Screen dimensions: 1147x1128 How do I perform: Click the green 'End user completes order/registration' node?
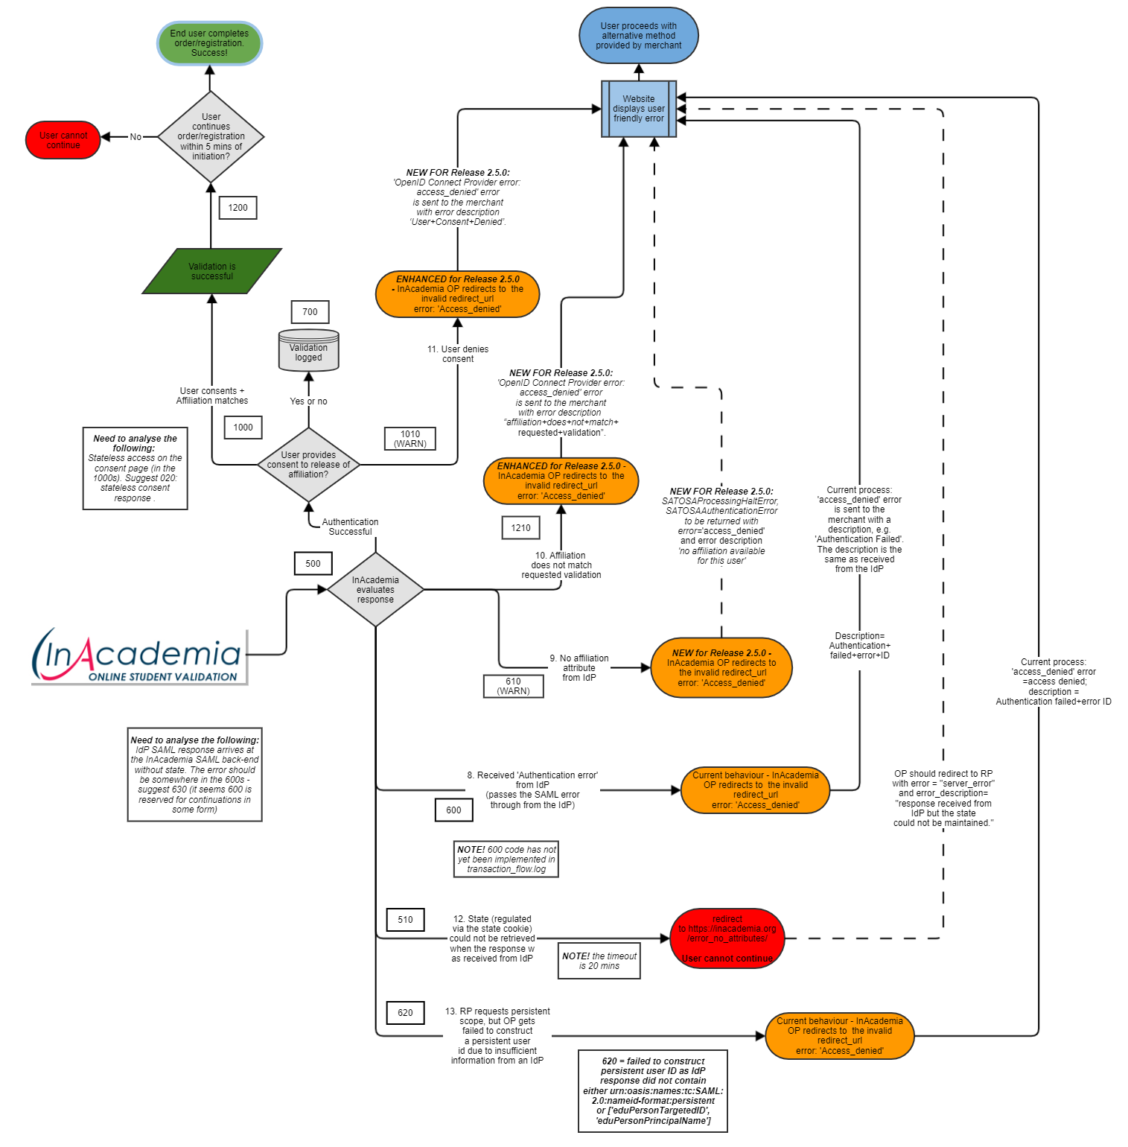click(x=209, y=43)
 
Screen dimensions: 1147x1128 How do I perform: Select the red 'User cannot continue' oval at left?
click(x=63, y=140)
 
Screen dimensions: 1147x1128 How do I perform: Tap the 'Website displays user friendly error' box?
click(x=639, y=109)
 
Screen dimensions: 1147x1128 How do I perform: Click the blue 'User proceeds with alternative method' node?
click(x=639, y=36)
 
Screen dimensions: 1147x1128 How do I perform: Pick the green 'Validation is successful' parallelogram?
click(x=212, y=271)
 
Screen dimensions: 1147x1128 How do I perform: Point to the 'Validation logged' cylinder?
click(x=308, y=351)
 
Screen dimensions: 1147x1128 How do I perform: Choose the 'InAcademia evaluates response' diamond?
click(x=375, y=589)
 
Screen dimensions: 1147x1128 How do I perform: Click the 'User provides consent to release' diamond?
click(x=308, y=465)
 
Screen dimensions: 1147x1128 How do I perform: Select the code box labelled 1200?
click(x=238, y=208)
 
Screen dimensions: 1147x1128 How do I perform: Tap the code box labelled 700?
click(x=310, y=312)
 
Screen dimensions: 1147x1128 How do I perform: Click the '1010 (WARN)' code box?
click(x=410, y=439)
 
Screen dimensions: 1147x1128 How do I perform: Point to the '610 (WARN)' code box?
click(x=513, y=686)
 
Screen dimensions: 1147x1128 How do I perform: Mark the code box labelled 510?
click(x=405, y=920)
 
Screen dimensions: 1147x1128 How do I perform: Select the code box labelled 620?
click(x=405, y=1013)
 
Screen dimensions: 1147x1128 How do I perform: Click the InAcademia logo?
click(x=139, y=656)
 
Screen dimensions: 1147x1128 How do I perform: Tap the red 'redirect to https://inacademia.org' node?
click(x=727, y=938)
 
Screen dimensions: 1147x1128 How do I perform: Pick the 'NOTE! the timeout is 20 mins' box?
click(x=599, y=961)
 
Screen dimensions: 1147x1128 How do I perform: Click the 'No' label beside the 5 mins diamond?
click(x=136, y=137)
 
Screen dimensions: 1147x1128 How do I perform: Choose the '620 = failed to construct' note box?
click(x=653, y=1090)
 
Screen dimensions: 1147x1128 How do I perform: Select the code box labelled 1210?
click(x=520, y=528)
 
